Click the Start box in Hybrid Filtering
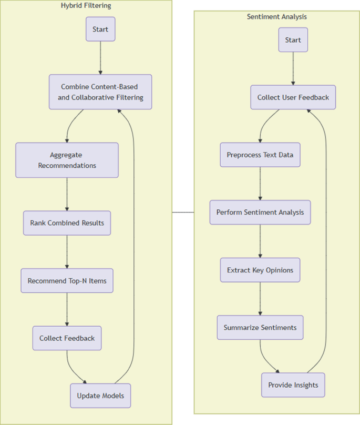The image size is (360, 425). click(100, 29)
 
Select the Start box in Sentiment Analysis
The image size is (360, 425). click(293, 40)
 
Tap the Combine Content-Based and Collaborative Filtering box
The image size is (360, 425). click(100, 92)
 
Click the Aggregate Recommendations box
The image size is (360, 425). click(67, 160)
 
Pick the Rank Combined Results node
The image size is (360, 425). click(67, 223)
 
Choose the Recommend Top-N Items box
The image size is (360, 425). click(67, 281)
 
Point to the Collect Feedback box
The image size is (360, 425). click(67, 338)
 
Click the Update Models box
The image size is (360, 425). click(100, 396)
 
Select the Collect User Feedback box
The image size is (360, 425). click(293, 97)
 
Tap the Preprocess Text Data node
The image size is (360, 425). click(260, 155)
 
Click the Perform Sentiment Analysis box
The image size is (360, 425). click(260, 212)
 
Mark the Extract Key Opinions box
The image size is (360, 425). click(260, 270)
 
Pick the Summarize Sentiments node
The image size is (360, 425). click(260, 327)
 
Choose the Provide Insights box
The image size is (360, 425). click(293, 385)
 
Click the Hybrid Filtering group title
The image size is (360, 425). click(86, 6)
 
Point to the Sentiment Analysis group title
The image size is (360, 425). click(277, 17)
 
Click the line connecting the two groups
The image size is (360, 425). click(183, 212)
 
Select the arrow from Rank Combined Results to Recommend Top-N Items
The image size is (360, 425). click(67, 252)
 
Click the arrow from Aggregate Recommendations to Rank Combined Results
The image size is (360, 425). click(67, 194)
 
